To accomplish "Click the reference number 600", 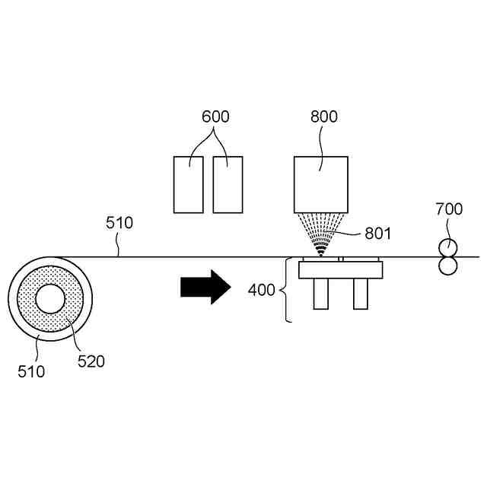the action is [x=215, y=117].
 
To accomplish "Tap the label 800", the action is [x=324, y=117].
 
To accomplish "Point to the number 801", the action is [x=377, y=234].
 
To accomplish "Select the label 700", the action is [x=448, y=208].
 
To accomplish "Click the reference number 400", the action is [x=262, y=290].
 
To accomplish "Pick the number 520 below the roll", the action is [x=91, y=361].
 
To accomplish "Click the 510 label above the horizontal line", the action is [x=119, y=223].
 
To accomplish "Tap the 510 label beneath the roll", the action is [x=31, y=372].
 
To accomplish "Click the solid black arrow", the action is [x=205, y=287].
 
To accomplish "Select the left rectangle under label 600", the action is [x=188, y=184].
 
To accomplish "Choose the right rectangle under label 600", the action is [x=228, y=184].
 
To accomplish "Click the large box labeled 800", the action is [x=320, y=184].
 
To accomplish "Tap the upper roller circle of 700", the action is [x=447, y=247].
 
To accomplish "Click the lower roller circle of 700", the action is [x=447, y=266].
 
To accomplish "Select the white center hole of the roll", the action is [x=50, y=300].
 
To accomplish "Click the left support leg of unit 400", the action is [x=320, y=294].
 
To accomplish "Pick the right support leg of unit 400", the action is [x=361, y=294].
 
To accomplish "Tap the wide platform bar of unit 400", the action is [x=340, y=270].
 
